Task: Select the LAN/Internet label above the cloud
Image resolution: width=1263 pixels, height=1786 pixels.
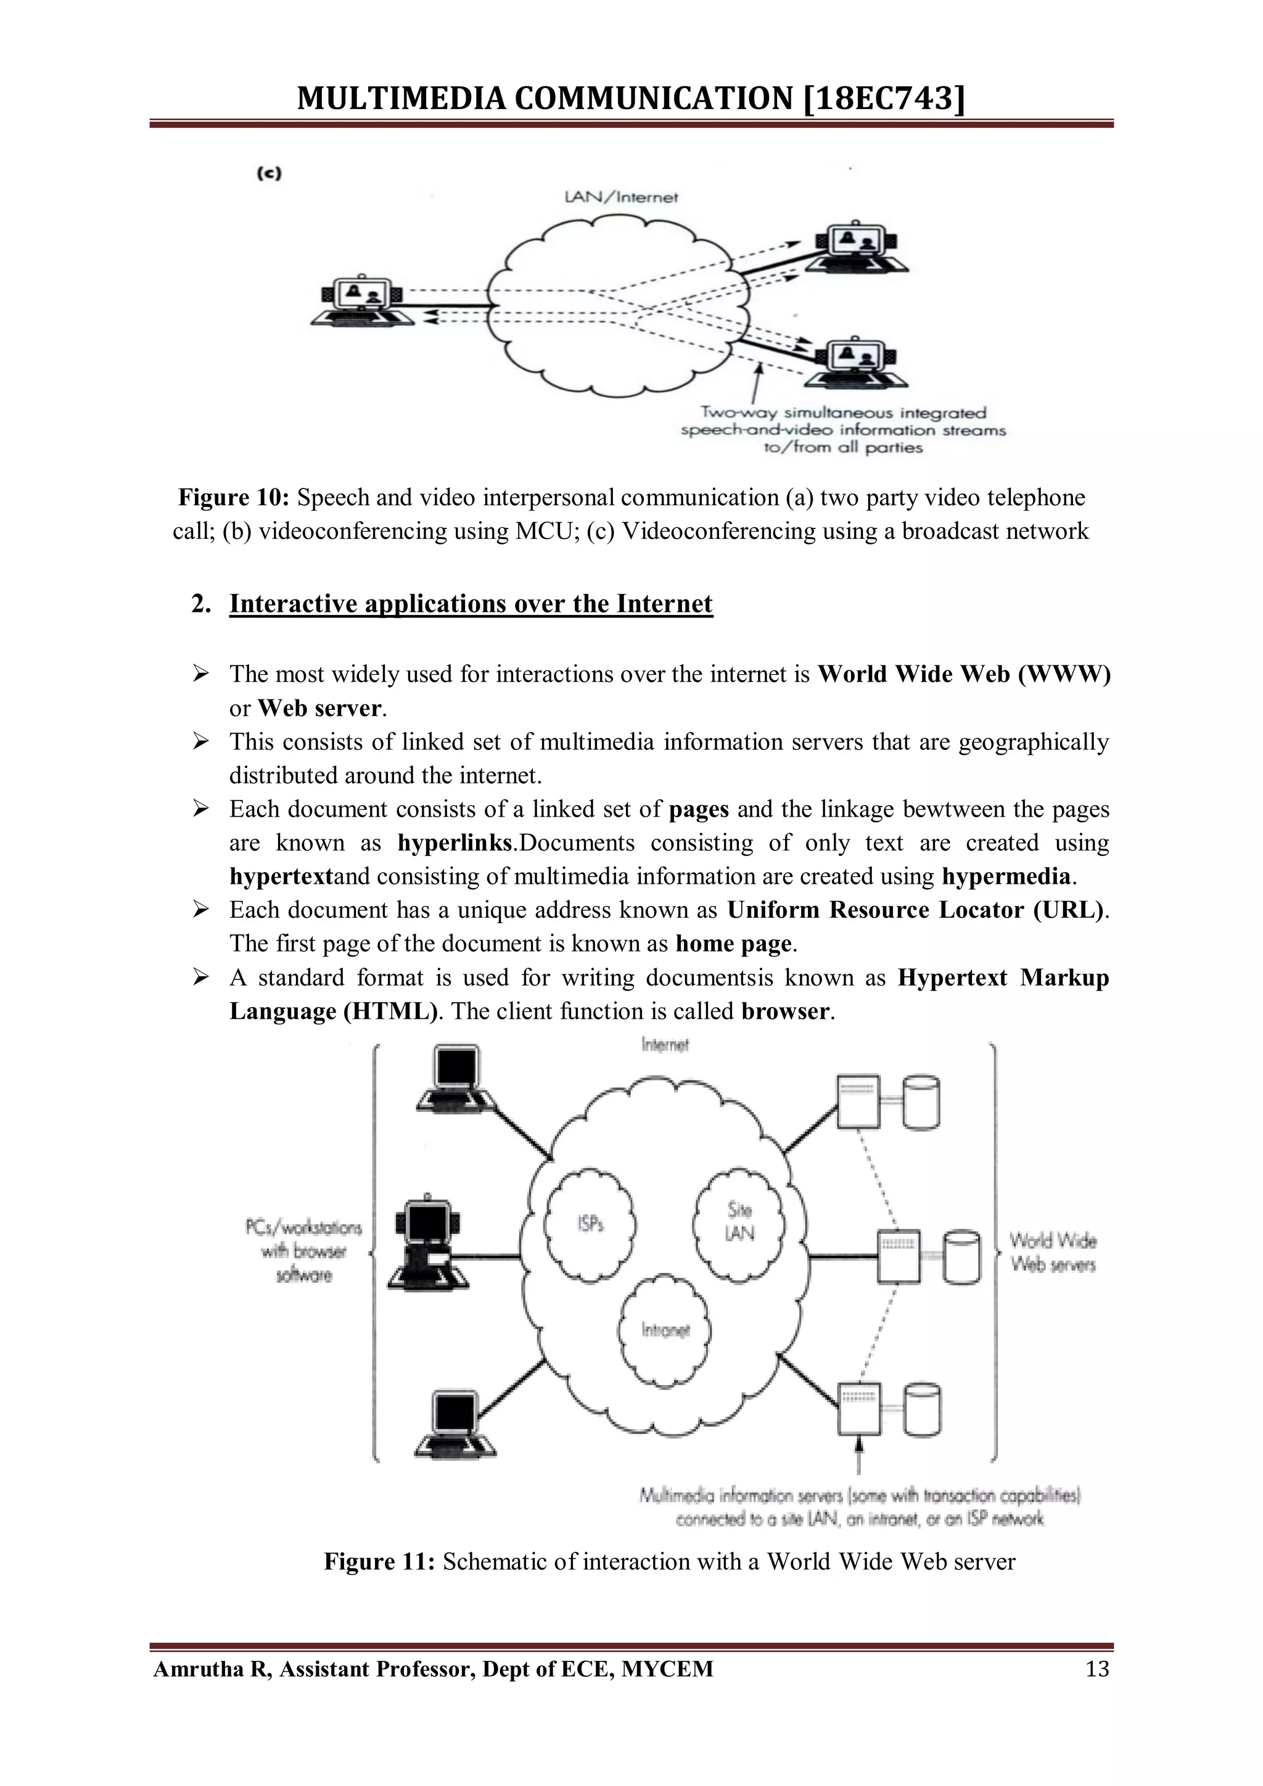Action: click(620, 197)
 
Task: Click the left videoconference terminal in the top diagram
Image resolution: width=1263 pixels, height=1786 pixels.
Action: click(363, 301)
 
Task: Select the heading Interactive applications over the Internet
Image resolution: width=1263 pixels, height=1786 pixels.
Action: click(471, 604)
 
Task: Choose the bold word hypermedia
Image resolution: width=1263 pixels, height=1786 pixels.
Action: click(1006, 877)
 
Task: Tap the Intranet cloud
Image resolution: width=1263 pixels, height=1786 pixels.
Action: click(665, 1330)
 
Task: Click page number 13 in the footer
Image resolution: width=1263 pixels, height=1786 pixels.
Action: click(1096, 1669)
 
